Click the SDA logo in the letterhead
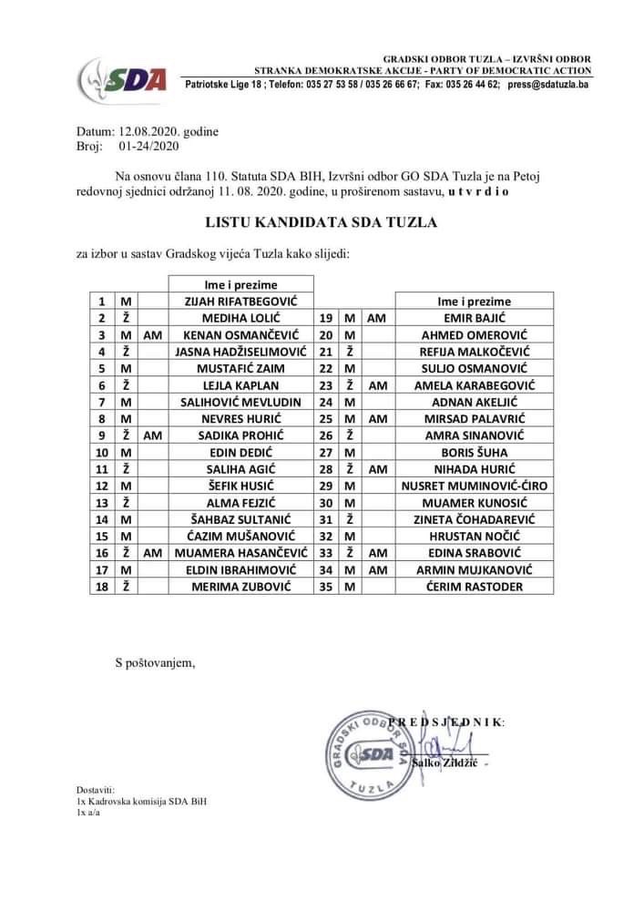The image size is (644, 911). [x=124, y=81]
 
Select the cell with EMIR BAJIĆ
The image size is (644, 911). [x=474, y=318]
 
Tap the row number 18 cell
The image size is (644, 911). [x=103, y=587]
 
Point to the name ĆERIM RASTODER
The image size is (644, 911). [x=474, y=587]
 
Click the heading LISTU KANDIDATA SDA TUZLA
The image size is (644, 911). [x=322, y=221]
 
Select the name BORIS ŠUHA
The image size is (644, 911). [x=474, y=452]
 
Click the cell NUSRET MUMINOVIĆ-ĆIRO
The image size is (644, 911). [x=474, y=486]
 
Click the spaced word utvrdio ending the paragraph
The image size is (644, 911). [x=479, y=193]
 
